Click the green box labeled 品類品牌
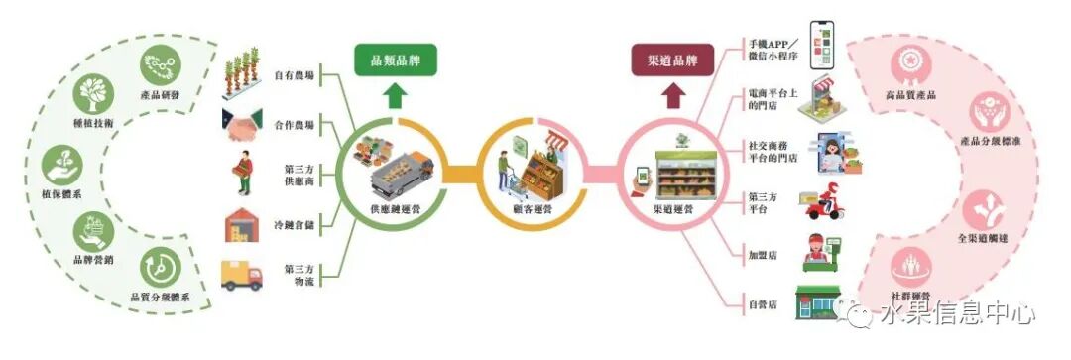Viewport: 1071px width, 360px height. (396, 61)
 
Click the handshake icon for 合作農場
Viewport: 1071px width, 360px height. (243, 126)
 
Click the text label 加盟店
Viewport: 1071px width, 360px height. (764, 255)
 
